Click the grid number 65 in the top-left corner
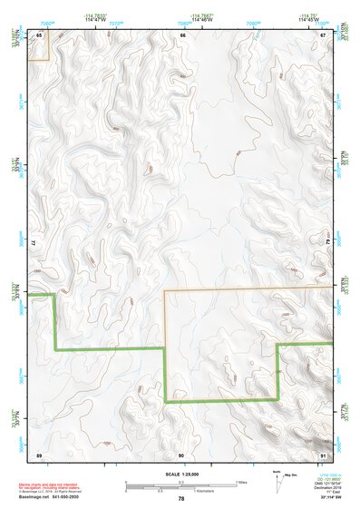[x=39, y=34]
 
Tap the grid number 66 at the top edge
[x=182, y=34]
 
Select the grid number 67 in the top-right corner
[x=323, y=34]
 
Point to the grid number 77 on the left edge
[x=34, y=243]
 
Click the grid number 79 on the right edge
[x=326, y=243]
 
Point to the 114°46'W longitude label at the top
[x=202, y=20]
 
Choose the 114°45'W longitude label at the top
[x=309, y=20]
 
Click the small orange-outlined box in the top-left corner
[x=38, y=46]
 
